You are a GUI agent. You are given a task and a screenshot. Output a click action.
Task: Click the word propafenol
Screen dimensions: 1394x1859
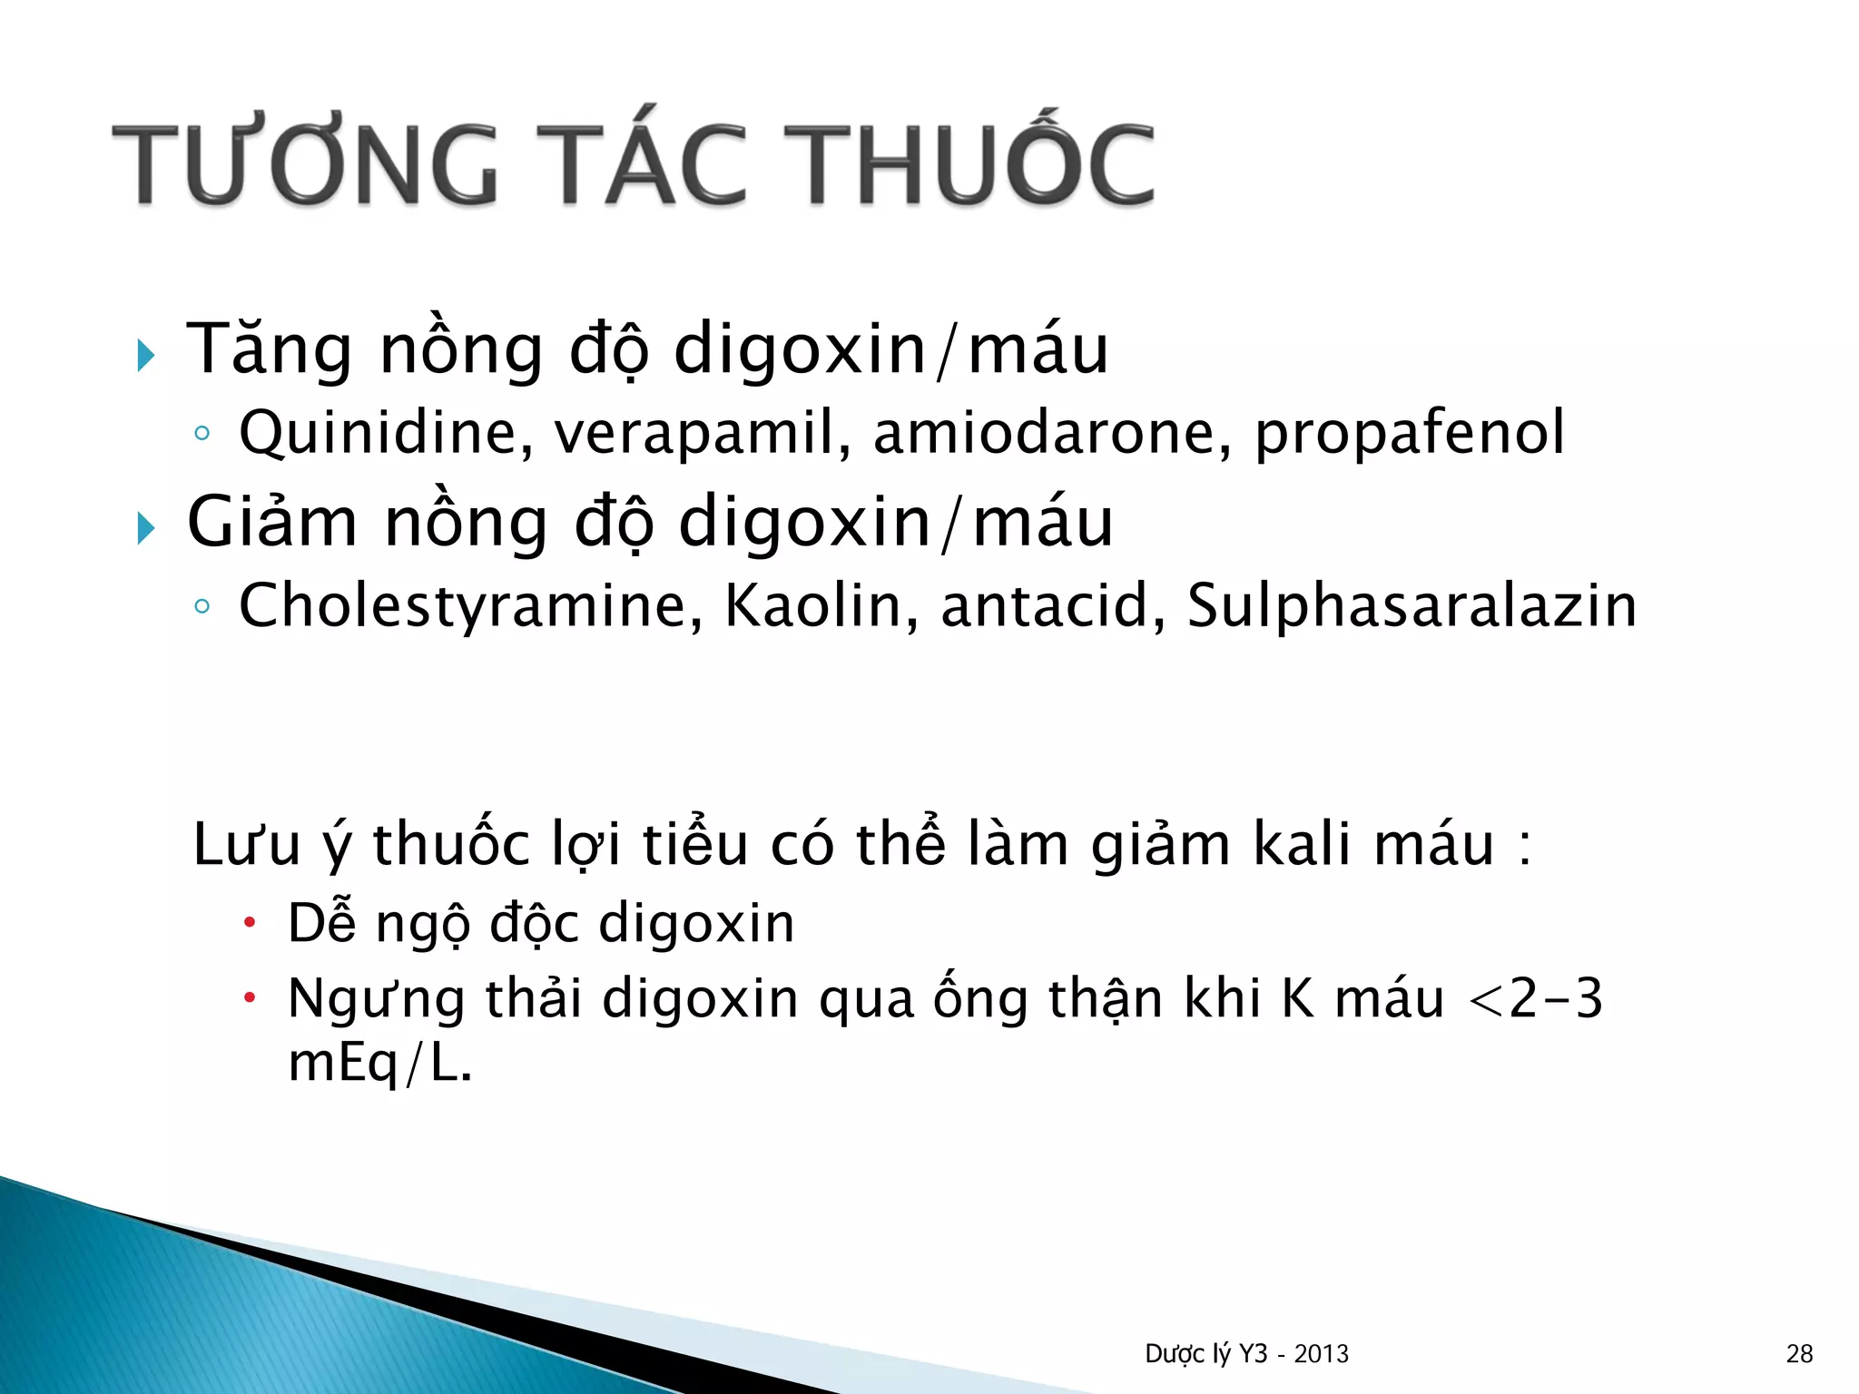click(x=1409, y=433)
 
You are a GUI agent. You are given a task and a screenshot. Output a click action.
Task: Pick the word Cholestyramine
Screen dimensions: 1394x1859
click(x=470, y=606)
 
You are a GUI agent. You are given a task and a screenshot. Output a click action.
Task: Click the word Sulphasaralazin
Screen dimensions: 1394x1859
click(x=1411, y=606)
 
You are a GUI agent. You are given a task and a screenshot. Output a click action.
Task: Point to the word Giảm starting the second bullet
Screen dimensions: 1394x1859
click(x=272, y=523)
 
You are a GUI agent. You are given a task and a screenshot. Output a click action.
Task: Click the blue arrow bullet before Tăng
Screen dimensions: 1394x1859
click(x=146, y=355)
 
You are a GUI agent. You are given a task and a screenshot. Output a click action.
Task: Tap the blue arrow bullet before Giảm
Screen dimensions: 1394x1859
click(x=146, y=527)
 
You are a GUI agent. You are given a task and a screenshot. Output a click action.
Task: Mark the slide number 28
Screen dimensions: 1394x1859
click(x=1799, y=1354)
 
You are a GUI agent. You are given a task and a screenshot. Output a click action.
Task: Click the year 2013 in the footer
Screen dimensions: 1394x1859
click(x=1321, y=1354)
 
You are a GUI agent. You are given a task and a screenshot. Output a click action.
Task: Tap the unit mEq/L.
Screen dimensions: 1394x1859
click(x=379, y=1064)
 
